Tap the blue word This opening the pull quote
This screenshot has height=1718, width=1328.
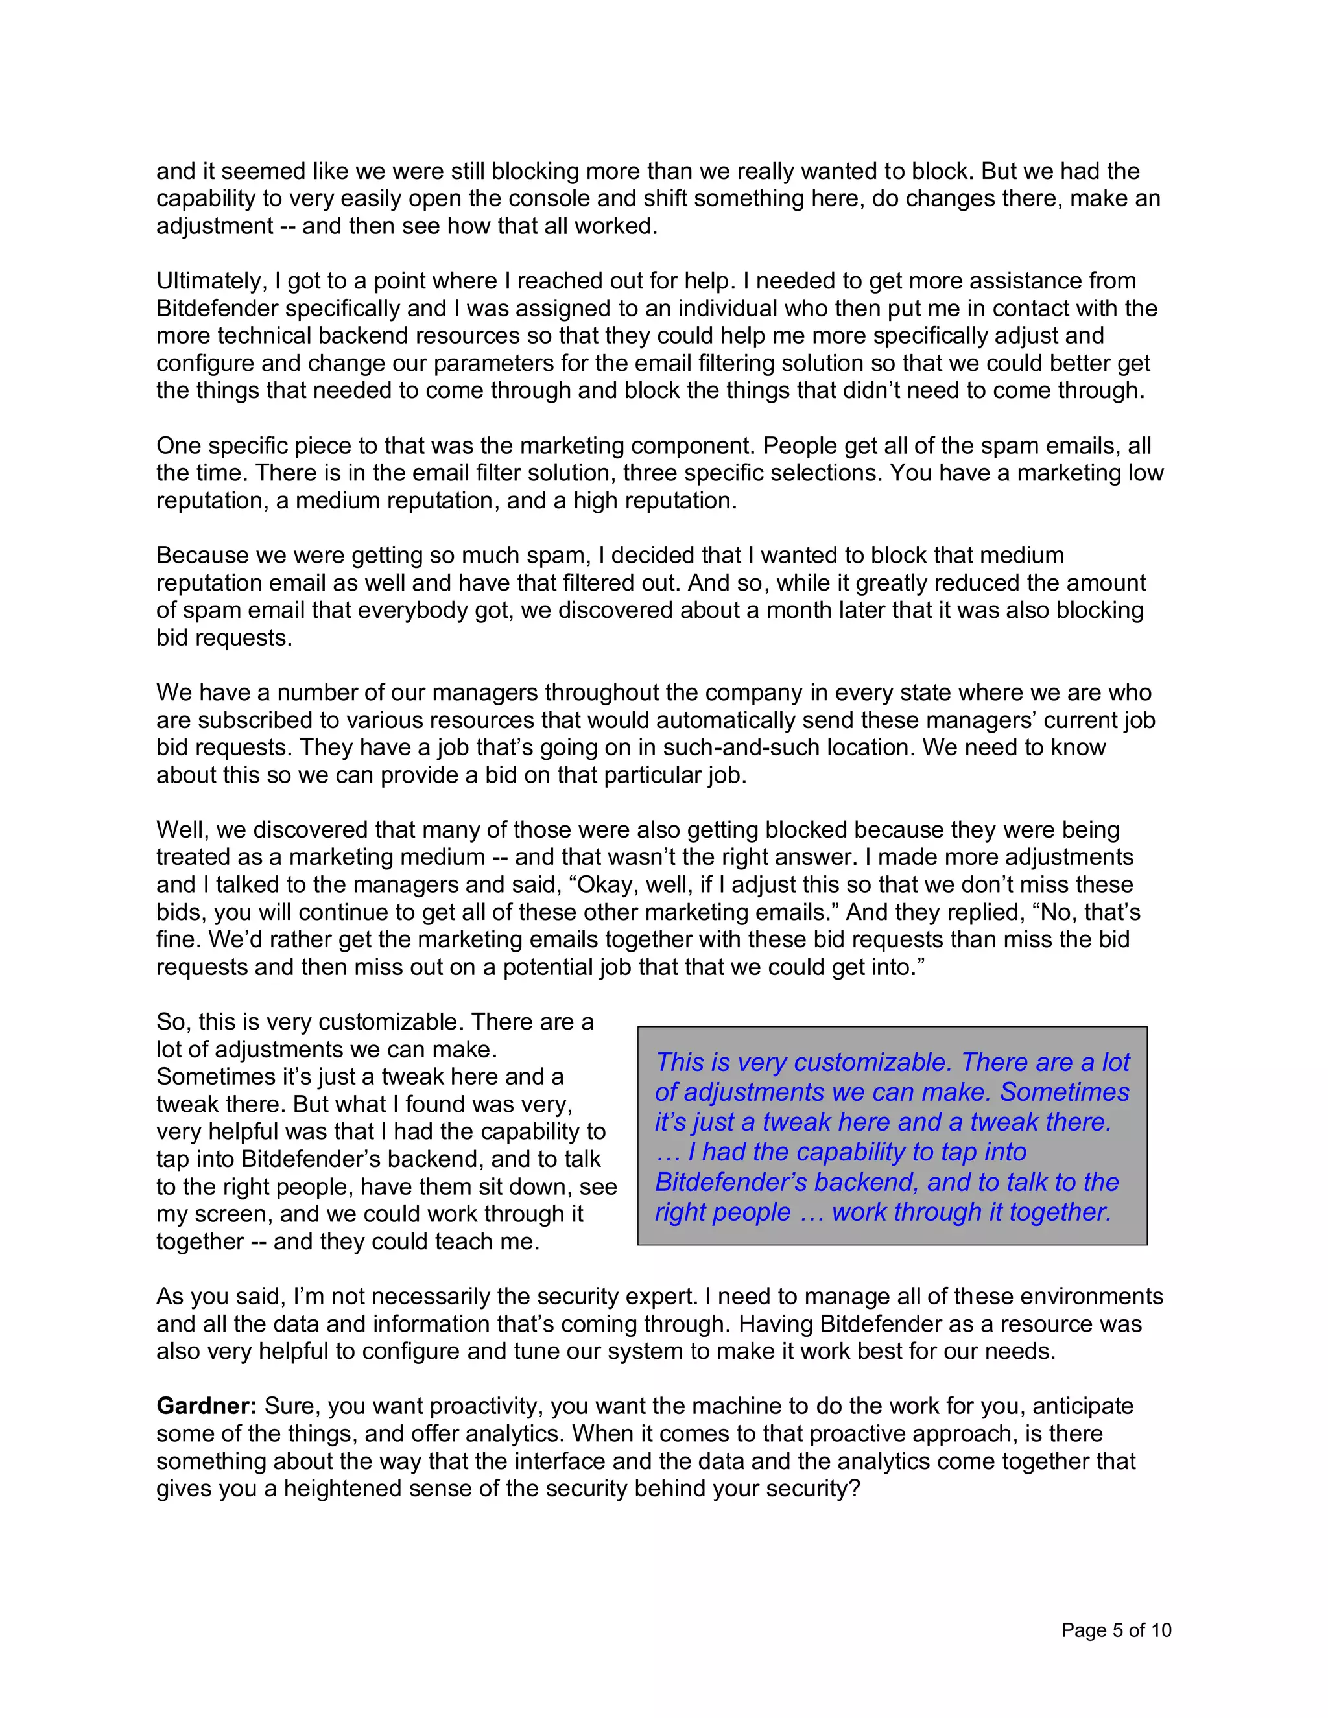click(x=680, y=1062)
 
